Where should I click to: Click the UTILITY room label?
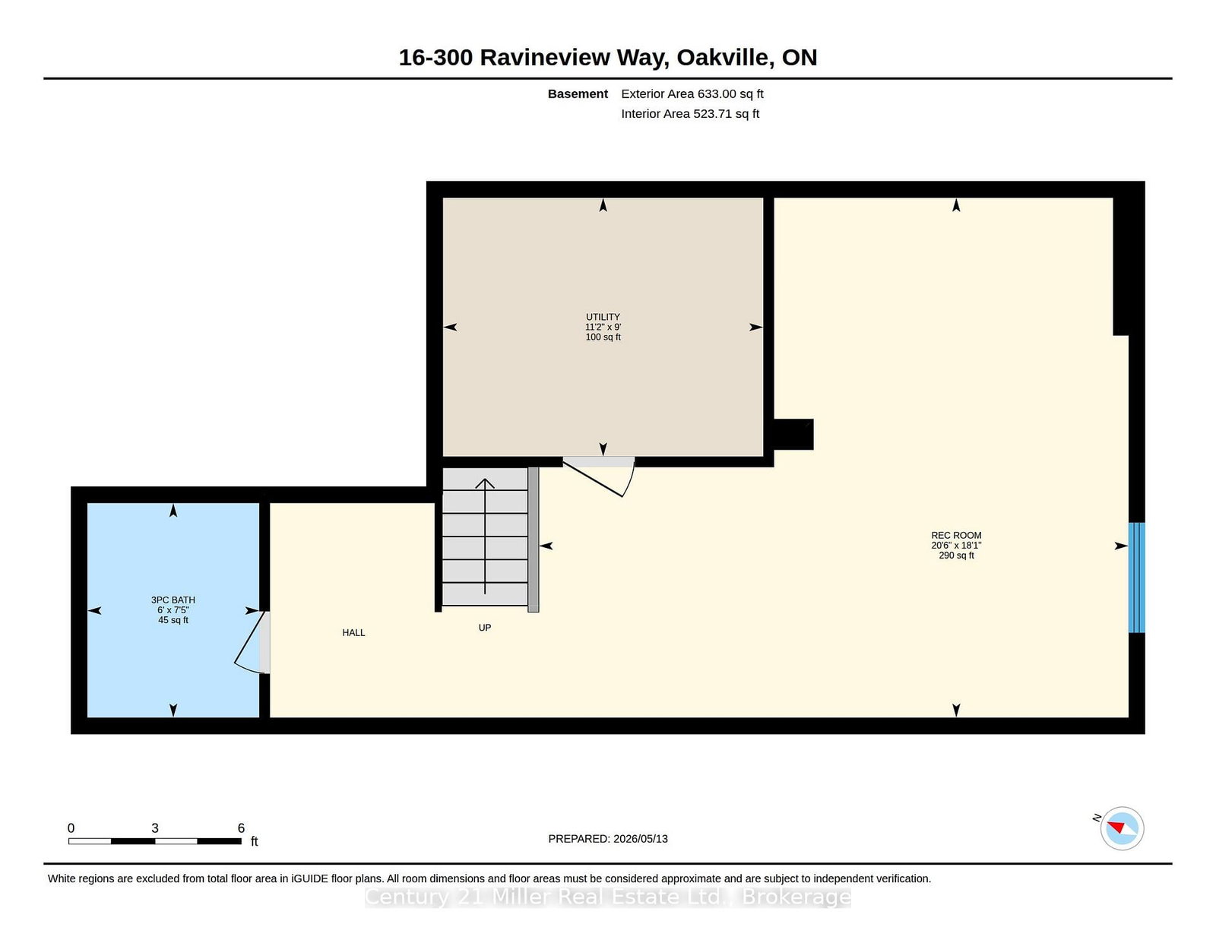(603, 317)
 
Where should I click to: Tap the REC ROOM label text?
(956, 536)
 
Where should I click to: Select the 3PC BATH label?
(173, 600)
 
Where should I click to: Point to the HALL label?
(353, 632)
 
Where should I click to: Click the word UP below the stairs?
(485, 628)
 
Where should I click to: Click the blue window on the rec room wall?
(1136, 578)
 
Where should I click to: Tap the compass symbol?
(1122, 828)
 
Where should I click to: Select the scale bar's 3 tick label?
(155, 828)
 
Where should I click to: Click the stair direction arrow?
(485, 536)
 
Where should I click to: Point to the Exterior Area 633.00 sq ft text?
(692, 94)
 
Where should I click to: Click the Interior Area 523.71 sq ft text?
(690, 114)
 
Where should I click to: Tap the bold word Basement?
(578, 94)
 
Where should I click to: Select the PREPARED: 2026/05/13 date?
(608, 839)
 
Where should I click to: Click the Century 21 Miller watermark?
(608, 897)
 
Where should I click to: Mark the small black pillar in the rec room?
(793, 434)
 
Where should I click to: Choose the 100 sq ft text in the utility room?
(603, 337)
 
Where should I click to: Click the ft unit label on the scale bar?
(254, 841)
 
